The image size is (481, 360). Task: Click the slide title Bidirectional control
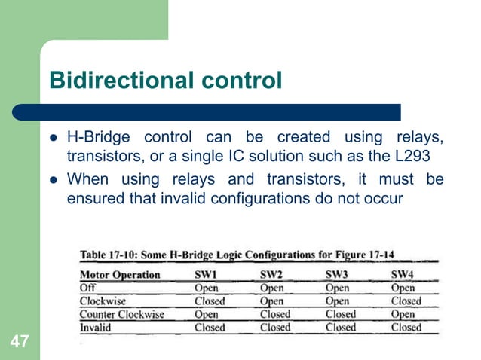pos(165,79)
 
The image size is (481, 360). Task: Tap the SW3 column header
pos(338,274)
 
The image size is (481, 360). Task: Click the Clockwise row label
pos(104,301)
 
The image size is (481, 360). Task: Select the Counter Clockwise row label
pos(121,314)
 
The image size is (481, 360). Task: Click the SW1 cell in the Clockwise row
pos(210,301)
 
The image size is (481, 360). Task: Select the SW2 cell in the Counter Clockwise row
pos(275,314)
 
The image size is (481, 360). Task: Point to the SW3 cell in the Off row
pos(340,288)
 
